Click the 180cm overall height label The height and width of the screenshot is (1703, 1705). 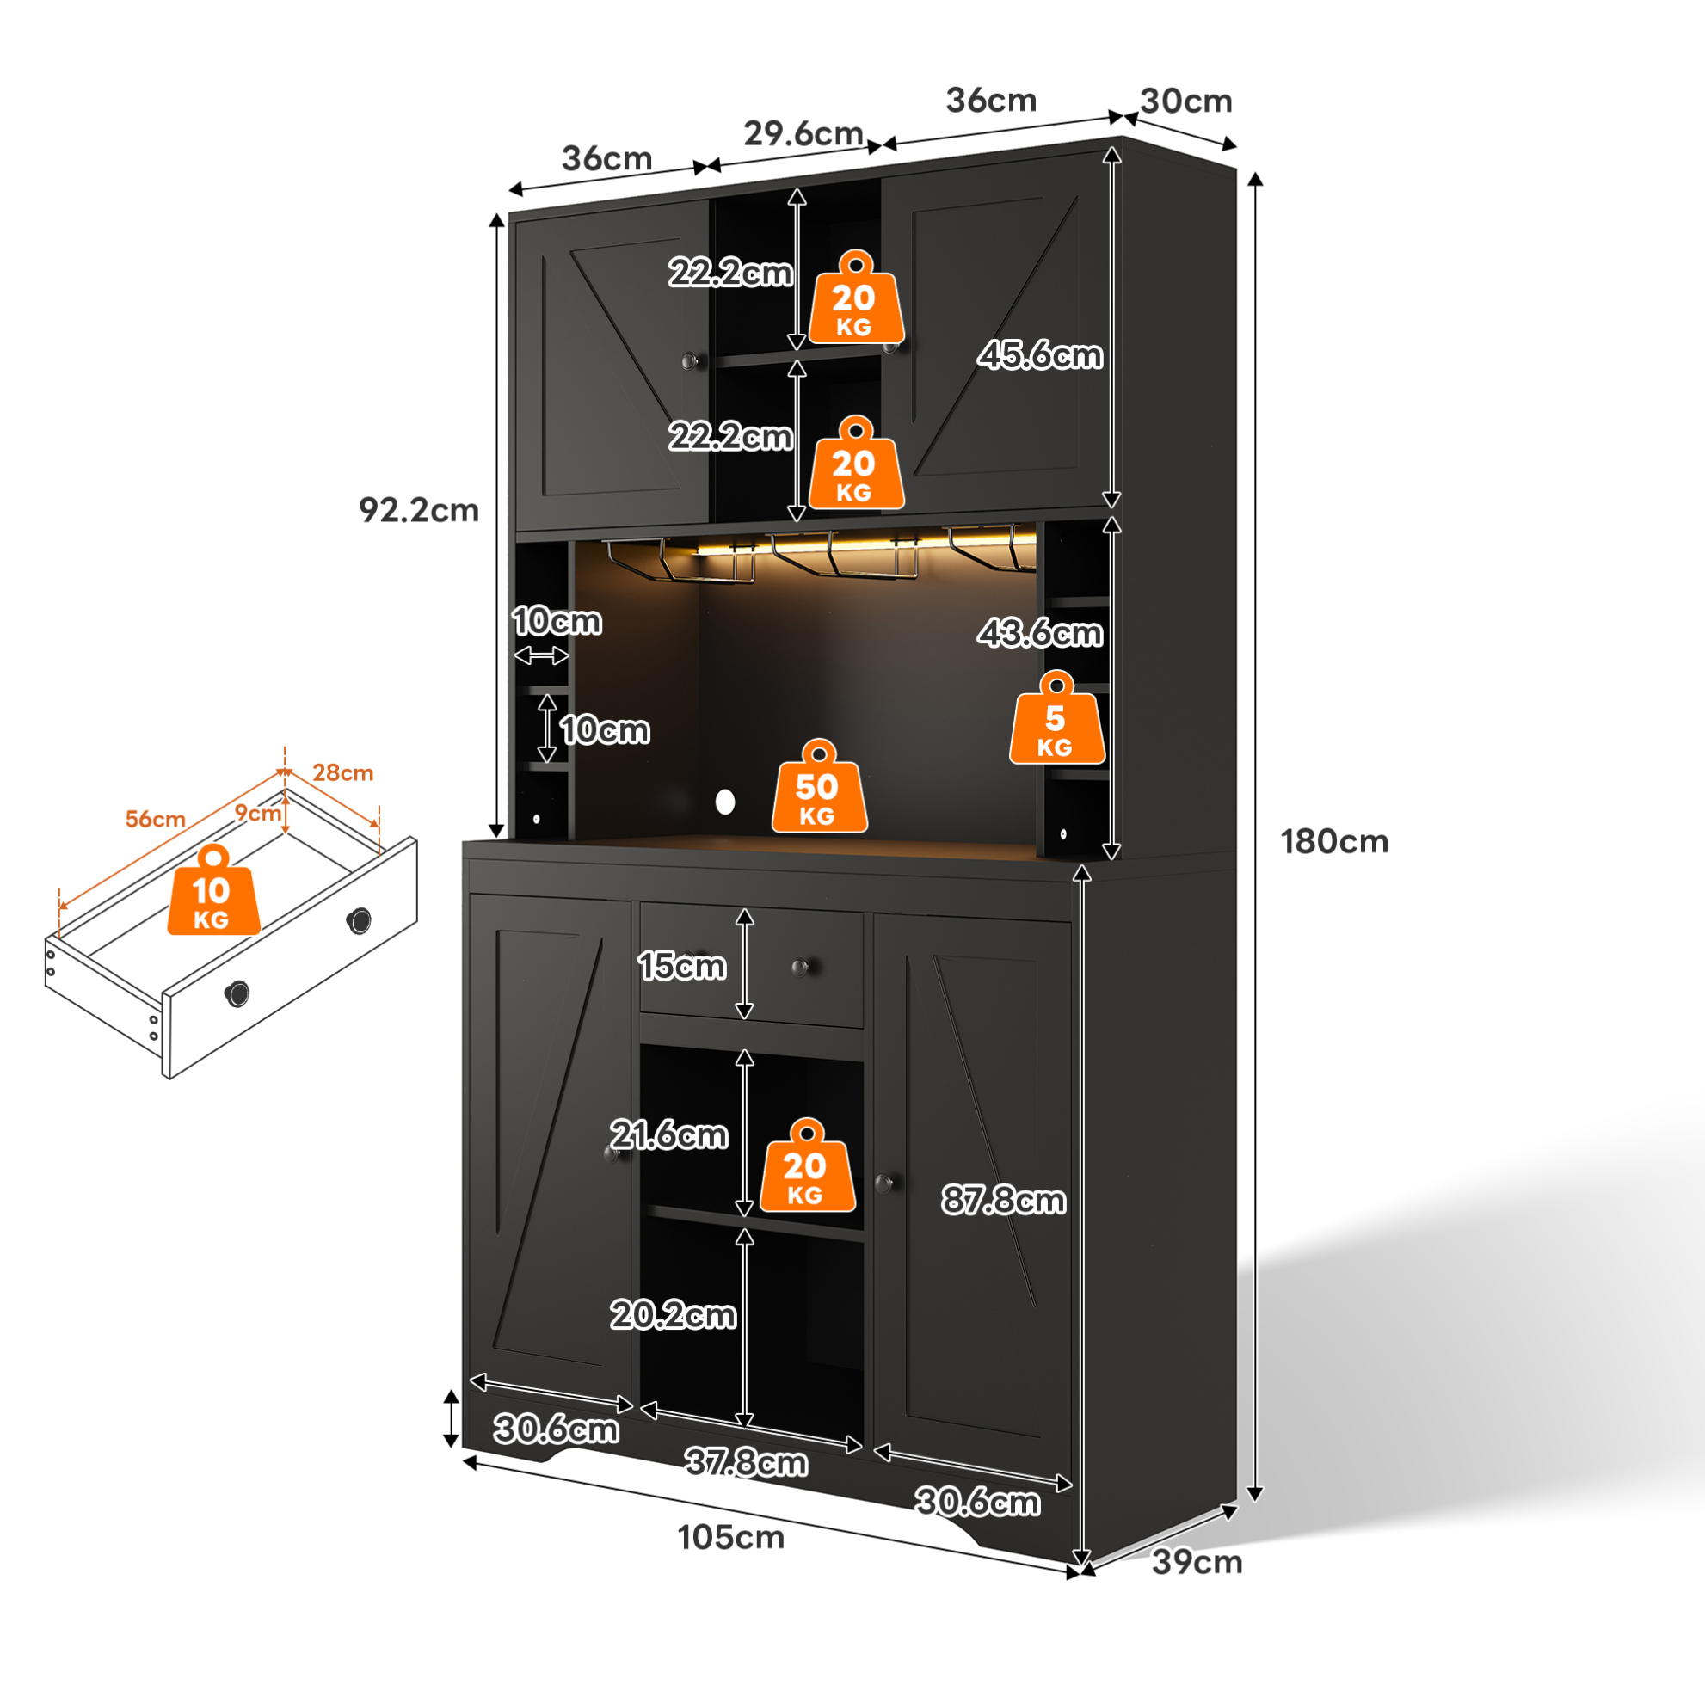(1334, 842)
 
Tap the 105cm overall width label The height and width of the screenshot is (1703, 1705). (730, 1538)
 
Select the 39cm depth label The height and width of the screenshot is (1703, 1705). (1197, 1563)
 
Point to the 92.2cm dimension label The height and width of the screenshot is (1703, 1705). (418, 510)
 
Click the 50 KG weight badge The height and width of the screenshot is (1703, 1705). (819, 786)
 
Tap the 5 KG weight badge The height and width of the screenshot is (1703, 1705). (1057, 717)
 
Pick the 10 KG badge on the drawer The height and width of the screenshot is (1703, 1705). (213, 889)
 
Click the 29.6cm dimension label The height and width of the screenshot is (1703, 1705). (803, 133)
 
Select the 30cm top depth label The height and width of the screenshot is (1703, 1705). (1186, 101)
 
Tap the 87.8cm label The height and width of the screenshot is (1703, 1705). (1003, 1200)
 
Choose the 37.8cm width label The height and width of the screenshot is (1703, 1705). (747, 1463)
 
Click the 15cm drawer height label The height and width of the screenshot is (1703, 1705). (682, 966)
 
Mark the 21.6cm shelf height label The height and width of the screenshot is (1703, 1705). (669, 1134)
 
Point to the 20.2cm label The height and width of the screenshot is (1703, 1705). (674, 1315)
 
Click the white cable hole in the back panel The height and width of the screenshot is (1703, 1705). (725, 802)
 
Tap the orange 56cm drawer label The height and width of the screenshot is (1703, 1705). (156, 819)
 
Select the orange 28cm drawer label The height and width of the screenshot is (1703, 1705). (343, 773)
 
